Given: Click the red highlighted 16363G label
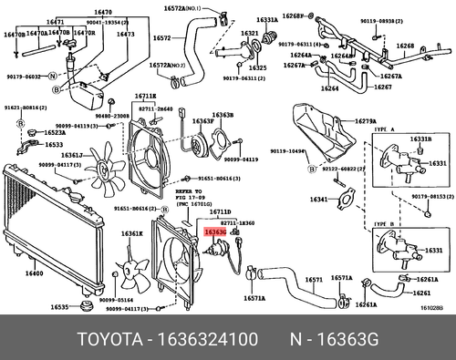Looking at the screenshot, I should click(215, 233).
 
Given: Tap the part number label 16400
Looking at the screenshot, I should click(34, 273).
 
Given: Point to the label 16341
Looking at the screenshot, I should click(318, 199).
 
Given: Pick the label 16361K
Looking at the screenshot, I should click(133, 234).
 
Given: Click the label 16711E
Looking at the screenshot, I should click(145, 96).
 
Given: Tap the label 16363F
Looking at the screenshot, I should click(203, 120).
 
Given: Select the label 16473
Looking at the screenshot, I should click(125, 35).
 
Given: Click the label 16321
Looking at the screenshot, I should click(249, 34).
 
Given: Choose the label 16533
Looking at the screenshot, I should click(55, 145).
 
